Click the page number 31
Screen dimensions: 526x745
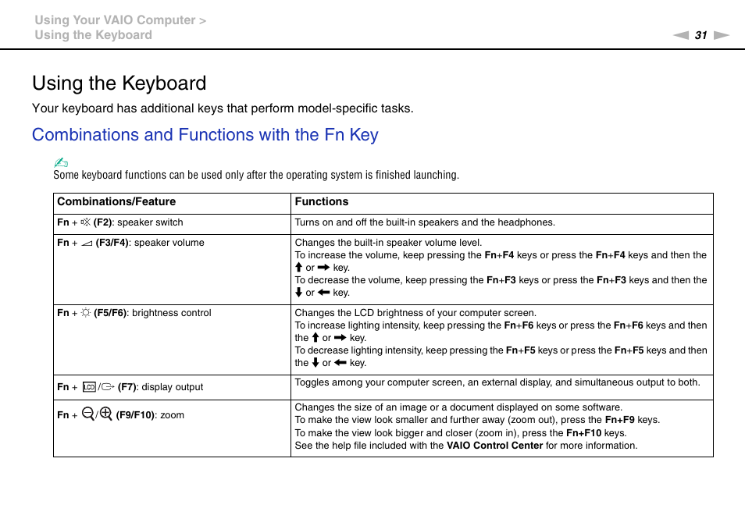click(x=700, y=35)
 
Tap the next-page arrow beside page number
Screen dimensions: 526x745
click(x=722, y=35)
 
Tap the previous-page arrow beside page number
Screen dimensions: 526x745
click(x=681, y=35)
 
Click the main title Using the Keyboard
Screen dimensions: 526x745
click(x=119, y=83)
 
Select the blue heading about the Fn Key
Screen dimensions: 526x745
click(x=205, y=134)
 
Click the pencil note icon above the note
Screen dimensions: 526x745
click(x=61, y=162)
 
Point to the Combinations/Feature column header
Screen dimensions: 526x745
click(x=116, y=201)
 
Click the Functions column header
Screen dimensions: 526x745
click(x=321, y=201)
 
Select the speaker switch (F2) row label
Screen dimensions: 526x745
click(x=120, y=222)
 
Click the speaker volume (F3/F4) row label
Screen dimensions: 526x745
click(x=130, y=243)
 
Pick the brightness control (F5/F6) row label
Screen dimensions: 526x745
click(x=134, y=313)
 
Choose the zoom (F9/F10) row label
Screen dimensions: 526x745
click(x=120, y=415)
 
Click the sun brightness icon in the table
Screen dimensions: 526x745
click(x=86, y=313)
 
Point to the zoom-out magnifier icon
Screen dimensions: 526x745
click(x=87, y=414)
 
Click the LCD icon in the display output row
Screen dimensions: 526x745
click(x=88, y=386)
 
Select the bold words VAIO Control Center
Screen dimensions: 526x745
click(x=494, y=446)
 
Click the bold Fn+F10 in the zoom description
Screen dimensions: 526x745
click(x=583, y=433)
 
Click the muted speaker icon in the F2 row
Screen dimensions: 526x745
click(x=86, y=222)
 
